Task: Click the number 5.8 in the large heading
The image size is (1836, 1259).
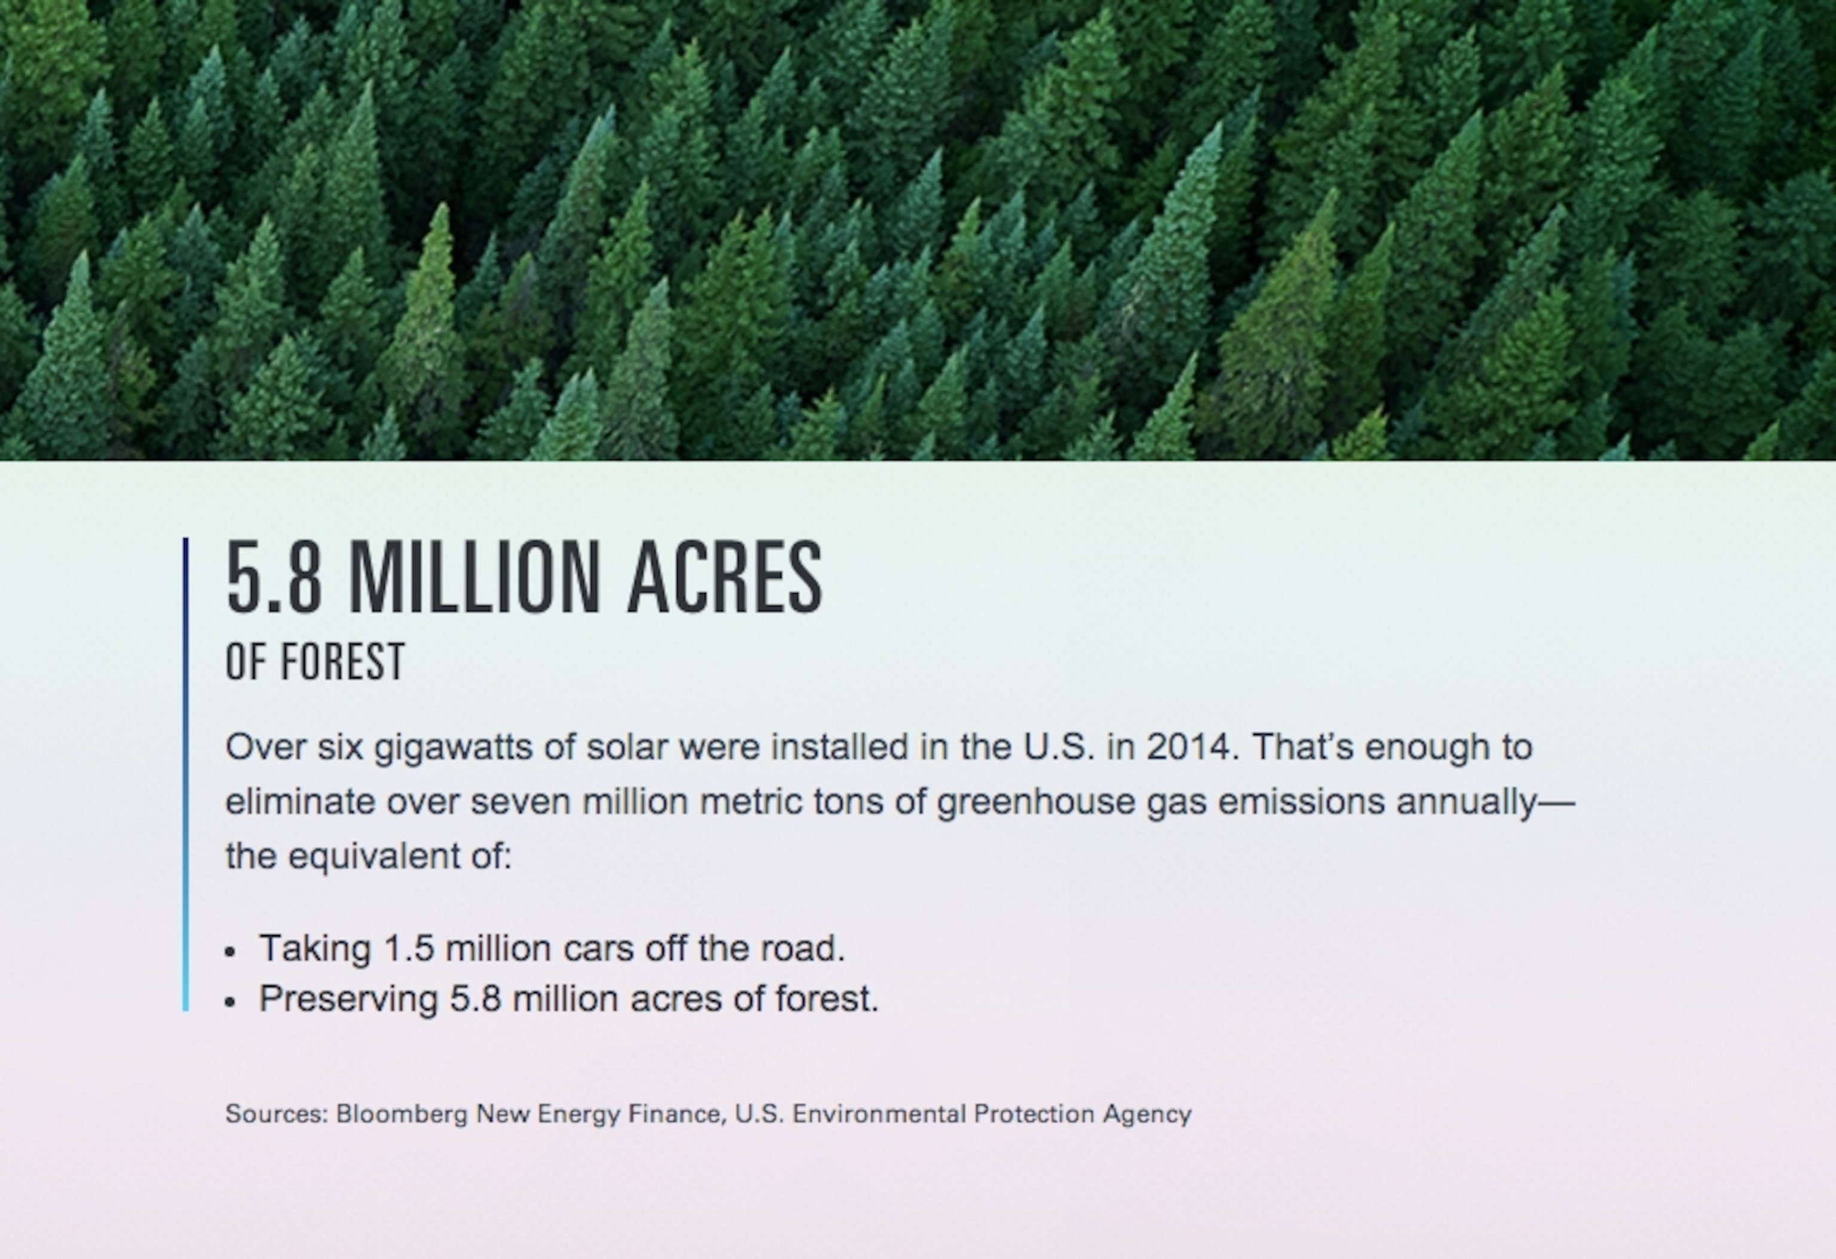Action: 274,577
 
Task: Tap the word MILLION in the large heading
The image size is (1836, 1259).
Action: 474,577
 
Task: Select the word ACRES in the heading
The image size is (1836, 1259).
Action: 725,577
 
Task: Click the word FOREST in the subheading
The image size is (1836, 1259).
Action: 343,662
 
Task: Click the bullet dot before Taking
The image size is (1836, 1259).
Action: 230,952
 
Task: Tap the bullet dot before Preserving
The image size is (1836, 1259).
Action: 230,1002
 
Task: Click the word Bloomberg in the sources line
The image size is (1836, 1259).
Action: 402,1114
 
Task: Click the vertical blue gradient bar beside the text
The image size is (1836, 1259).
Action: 186,774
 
